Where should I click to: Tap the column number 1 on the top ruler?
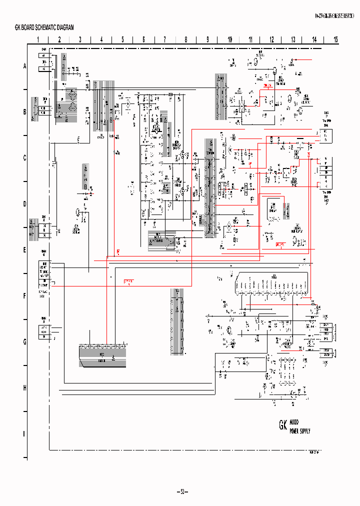[x=38, y=39]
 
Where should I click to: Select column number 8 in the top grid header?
[x=186, y=39]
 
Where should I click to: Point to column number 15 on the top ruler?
[x=335, y=39]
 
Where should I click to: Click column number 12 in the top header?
[x=271, y=39]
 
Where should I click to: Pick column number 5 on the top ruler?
[x=122, y=39]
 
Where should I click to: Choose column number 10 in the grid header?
[x=229, y=39]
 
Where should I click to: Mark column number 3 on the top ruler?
[x=80, y=39]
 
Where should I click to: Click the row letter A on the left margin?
[x=24, y=66]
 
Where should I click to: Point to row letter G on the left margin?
[x=24, y=342]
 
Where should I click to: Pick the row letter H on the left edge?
[x=24, y=388]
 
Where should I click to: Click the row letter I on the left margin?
[x=24, y=433]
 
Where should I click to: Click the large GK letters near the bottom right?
[x=283, y=426]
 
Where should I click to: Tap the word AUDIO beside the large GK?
[x=295, y=422]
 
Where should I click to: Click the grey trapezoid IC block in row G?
[x=102, y=355]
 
